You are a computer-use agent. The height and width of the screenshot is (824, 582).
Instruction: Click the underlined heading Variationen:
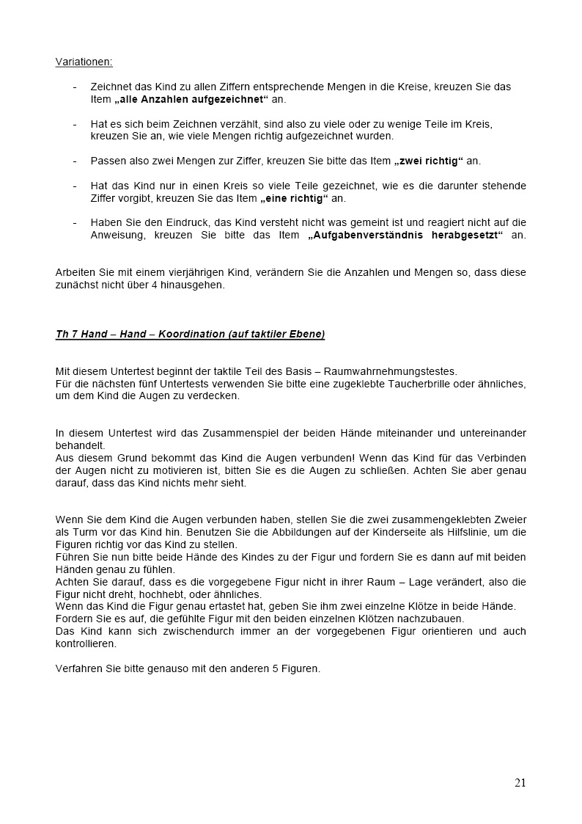[x=84, y=62]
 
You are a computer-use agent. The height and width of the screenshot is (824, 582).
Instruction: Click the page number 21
[x=520, y=782]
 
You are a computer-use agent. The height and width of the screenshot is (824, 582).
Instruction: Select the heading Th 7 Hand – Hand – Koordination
[x=190, y=335]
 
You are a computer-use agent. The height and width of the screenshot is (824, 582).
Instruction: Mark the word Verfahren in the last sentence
[x=77, y=668]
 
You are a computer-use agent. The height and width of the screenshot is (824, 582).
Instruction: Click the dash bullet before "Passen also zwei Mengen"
[x=75, y=161]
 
